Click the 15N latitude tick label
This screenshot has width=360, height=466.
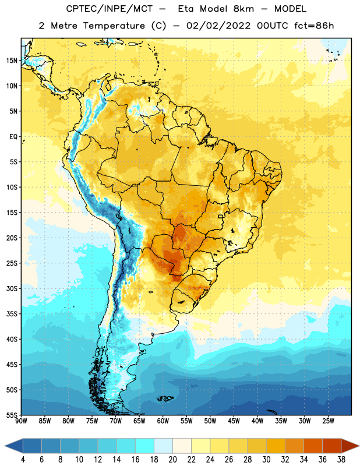(x=12, y=61)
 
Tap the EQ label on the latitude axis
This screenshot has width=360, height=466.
(x=13, y=137)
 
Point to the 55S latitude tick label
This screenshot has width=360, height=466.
(x=12, y=415)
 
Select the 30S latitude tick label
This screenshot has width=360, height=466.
(x=12, y=288)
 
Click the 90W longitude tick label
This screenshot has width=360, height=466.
(x=21, y=421)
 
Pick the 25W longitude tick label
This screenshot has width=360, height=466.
(x=328, y=421)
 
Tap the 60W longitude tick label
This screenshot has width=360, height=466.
(x=163, y=421)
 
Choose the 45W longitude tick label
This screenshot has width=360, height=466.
(x=234, y=421)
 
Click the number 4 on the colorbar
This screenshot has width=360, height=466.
(x=23, y=460)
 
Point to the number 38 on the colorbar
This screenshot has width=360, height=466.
(x=341, y=460)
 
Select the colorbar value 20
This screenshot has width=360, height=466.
(x=172, y=460)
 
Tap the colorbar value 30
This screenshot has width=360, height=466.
(x=266, y=460)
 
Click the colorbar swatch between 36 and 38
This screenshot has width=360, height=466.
(x=332, y=446)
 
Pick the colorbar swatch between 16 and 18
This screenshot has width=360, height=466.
(x=145, y=446)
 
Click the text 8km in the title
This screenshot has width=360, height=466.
(x=243, y=9)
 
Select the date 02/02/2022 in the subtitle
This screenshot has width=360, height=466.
(x=218, y=26)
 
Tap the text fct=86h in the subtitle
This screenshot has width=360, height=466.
(x=314, y=26)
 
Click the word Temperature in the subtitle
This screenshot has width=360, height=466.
(x=114, y=26)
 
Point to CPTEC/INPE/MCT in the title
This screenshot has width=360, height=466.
(x=109, y=9)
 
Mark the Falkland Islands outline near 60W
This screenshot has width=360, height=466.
(x=165, y=398)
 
